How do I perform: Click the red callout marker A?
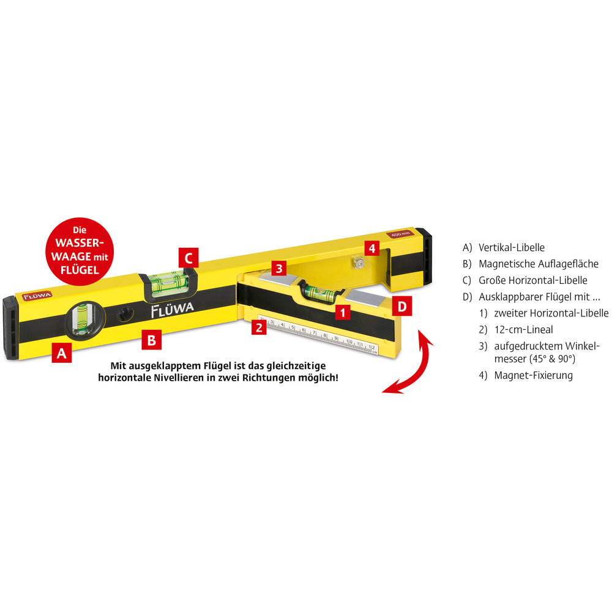[x=62, y=353]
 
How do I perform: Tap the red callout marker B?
[x=151, y=340]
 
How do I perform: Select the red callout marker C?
[x=188, y=258]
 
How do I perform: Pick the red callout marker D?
[x=402, y=307]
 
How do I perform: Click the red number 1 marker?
[x=343, y=312]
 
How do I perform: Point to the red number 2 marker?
[x=259, y=327]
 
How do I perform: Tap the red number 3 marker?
[x=279, y=268]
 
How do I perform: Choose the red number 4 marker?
[x=372, y=248]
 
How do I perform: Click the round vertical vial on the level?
[x=83, y=318]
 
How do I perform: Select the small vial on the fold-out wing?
[x=319, y=293]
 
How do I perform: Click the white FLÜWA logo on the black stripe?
[x=172, y=310]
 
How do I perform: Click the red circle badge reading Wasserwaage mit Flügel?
[x=80, y=252]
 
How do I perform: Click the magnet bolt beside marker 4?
[x=357, y=263]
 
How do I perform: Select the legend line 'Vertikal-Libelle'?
[x=504, y=247]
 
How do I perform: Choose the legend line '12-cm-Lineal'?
[x=516, y=330]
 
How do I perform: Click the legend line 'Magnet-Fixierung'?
[x=526, y=376]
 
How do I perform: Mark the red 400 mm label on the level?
[x=400, y=234]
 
